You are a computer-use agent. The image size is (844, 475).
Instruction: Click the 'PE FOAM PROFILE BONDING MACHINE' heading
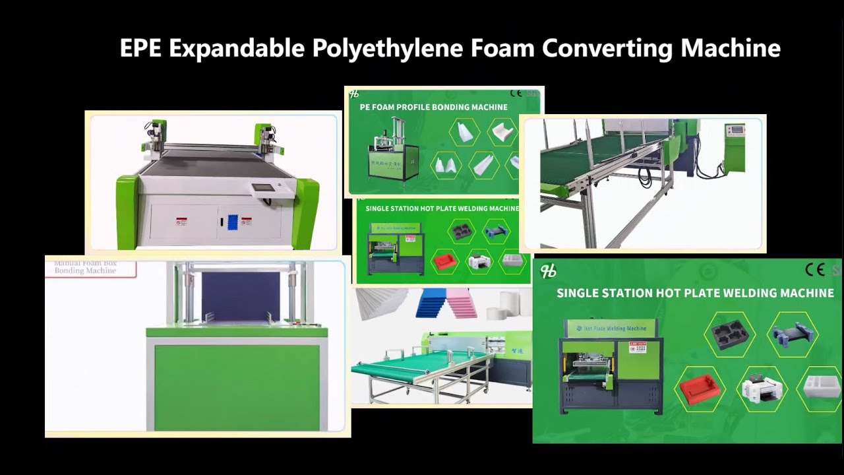coord(433,107)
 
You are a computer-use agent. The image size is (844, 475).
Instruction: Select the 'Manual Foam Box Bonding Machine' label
coord(86,267)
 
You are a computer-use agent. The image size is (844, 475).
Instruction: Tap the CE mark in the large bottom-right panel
coord(815,269)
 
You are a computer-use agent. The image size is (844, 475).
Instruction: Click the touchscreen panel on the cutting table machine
coord(264,188)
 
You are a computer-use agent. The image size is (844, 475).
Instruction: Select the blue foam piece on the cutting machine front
coord(232,222)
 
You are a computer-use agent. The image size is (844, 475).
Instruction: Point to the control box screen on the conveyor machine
coord(735,130)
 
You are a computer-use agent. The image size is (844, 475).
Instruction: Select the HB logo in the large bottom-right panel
coord(548,271)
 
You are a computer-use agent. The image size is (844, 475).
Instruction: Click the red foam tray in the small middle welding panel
coord(444,262)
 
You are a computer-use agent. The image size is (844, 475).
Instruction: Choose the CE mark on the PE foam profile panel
coord(516,94)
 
